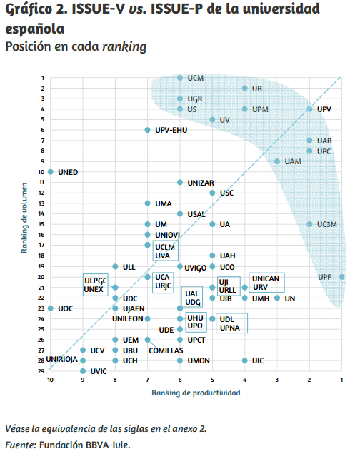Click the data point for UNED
point(51,172)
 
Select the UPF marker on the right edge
point(342,277)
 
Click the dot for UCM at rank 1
point(180,77)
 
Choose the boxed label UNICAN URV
point(266,282)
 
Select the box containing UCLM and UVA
point(164,251)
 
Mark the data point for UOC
point(51,308)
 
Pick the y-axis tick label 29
point(42,371)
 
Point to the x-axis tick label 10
point(51,380)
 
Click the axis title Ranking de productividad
point(196,393)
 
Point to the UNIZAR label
point(201,183)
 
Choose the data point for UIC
point(245,361)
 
